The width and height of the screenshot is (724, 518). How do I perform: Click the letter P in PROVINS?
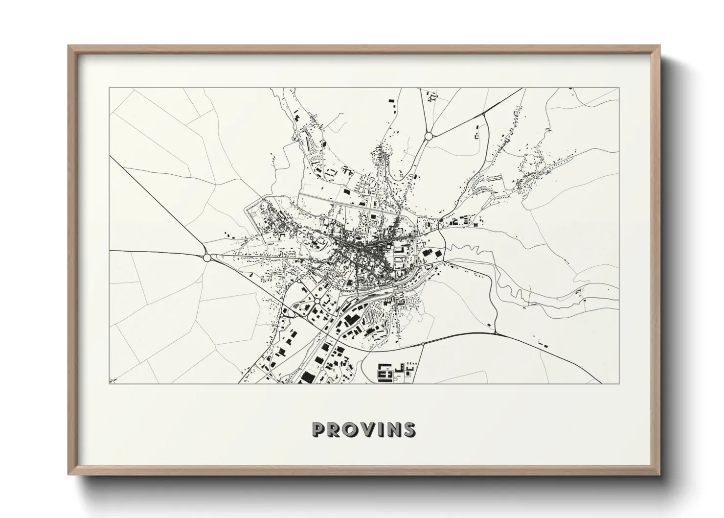318,430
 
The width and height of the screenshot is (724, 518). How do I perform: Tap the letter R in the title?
333,430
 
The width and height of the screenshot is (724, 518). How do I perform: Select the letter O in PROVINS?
349,430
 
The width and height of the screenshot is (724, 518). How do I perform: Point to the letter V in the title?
366,430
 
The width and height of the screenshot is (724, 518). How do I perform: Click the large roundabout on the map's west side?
207,257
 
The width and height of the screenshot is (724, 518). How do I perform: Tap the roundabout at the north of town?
429,136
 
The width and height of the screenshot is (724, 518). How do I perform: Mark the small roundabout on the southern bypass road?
423,345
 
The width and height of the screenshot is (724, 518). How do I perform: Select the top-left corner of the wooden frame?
68,46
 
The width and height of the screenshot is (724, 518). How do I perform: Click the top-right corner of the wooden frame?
660,46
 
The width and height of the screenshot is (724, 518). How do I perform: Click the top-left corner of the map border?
110,88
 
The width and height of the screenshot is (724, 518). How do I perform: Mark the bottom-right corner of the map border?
619,383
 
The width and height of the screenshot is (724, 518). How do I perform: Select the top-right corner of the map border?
619,88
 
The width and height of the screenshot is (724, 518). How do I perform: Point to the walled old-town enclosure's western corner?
246,210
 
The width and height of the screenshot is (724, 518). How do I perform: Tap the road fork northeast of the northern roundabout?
483,114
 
